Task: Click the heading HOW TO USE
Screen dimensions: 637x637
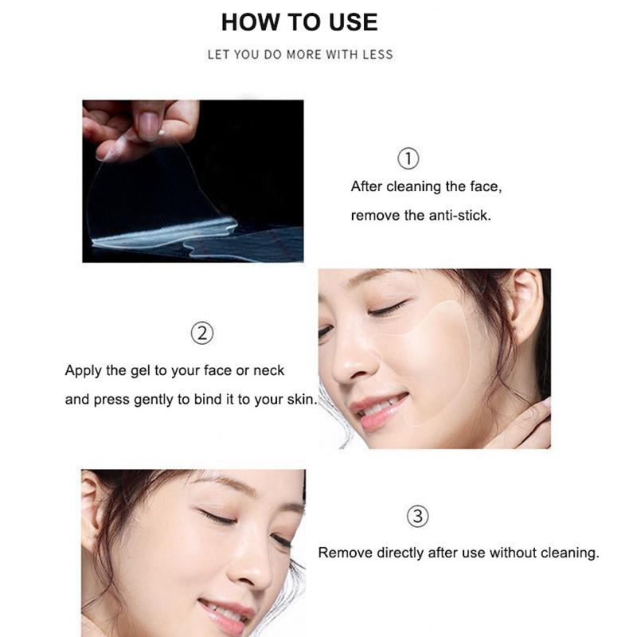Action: coord(299,22)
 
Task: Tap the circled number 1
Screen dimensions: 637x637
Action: coord(408,158)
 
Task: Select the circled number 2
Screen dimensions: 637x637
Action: coord(202,334)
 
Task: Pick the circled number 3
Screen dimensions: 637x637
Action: coord(417,516)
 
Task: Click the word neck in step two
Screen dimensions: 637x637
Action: coord(268,370)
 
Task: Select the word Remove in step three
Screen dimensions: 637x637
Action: coord(346,553)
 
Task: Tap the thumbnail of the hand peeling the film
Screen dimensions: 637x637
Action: coord(193,182)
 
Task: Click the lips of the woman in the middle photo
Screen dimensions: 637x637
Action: coord(379,410)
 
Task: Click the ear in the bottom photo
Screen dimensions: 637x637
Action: coord(92,512)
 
